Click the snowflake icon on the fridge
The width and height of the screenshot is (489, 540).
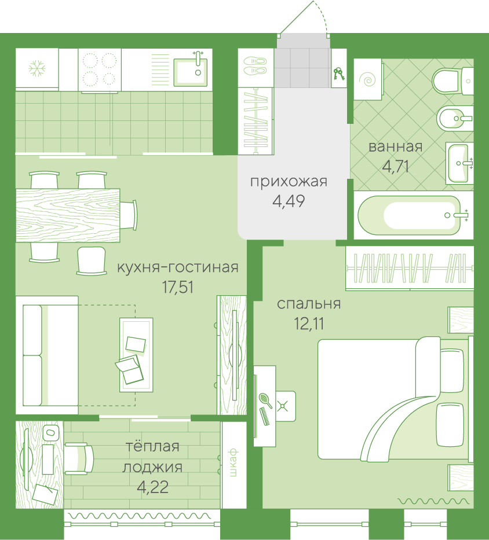coord(37,68)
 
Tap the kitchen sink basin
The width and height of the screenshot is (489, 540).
coord(191,72)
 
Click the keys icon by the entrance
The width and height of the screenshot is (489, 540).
coord(338,74)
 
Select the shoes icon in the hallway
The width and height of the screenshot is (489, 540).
coord(255,65)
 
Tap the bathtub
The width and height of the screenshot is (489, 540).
coord(413,215)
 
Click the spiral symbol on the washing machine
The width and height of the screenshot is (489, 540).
coord(368,80)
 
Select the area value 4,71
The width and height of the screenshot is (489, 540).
coord(396,167)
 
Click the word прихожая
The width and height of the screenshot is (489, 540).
coord(289,182)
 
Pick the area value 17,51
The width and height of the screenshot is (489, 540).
coord(178,287)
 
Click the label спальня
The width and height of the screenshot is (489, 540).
coord(309,304)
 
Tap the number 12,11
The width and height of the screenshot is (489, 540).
coord(309,324)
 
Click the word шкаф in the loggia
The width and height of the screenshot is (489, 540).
coord(233,462)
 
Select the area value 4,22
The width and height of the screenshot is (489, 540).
coord(152,487)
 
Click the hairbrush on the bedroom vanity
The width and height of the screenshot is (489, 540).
coord(265,401)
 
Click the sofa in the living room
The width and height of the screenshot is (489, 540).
coord(48,355)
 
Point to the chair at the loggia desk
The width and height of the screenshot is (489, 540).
coord(79,459)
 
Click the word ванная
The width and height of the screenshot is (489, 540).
coord(396,146)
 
